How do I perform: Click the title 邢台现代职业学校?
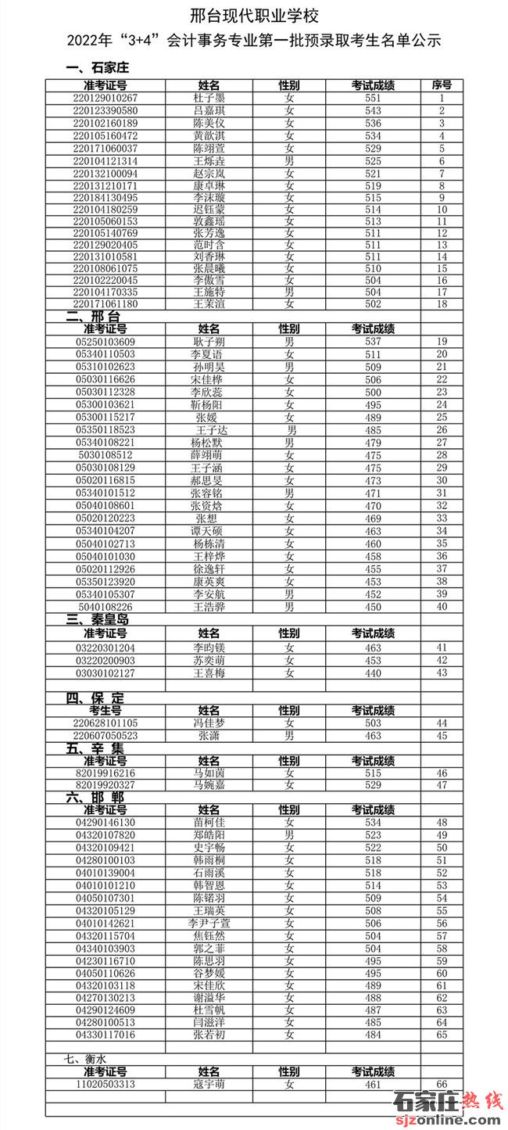pyautogui.click(x=255, y=16)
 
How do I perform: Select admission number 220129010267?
pyautogui.click(x=106, y=98)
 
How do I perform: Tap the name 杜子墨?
pyautogui.click(x=209, y=98)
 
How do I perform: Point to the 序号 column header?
pyautogui.click(x=442, y=84)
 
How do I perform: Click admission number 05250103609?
pyautogui.click(x=106, y=342)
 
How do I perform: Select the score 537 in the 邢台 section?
pyautogui.click(x=373, y=342)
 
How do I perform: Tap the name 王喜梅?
pyautogui.click(x=209, y=673)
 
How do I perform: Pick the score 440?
pyautogui.click(x=373, y=673)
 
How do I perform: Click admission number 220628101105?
pyautogui.click(x=106, y=723)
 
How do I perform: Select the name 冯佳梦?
pyautogui.click(x=209, y=723)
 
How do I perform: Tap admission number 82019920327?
pyautogui.click(x=106, y=785)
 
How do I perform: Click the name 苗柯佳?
pyautogui.click(x=209, y=823)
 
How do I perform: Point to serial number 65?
pyautogui.click(x=442, y=1035)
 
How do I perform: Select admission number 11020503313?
pyautogui.click(x=106, y=1085)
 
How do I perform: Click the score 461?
pyautogui.click(x=373, y=1085)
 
